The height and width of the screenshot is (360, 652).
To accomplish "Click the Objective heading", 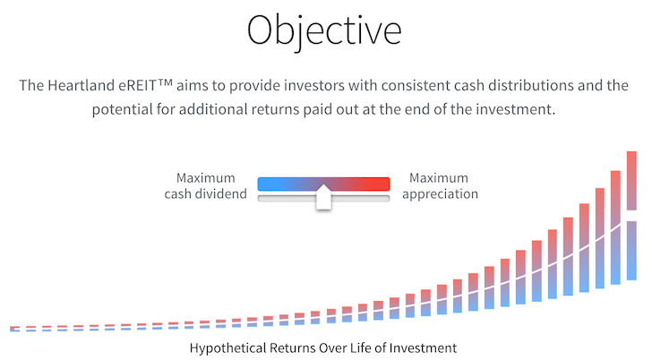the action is (x=324, y=31).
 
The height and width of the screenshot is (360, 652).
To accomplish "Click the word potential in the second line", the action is (x=122, y=109).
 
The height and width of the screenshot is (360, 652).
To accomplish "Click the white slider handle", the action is (x=323, y=197).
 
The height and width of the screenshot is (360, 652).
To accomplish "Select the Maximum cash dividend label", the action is (x=205, y=185).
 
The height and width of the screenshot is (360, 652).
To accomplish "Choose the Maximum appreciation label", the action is (x=440, y=185).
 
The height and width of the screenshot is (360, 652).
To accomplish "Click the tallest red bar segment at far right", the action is (x=631, y=180).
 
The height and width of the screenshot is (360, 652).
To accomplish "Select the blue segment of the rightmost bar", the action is (x=631, y=251).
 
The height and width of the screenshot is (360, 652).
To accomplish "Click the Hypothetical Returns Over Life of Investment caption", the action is (x=323, y=348).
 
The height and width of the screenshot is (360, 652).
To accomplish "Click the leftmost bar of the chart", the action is (x=14, y=329).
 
